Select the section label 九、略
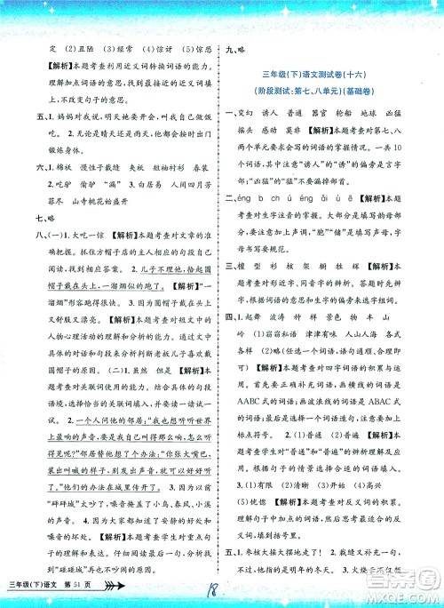(242, 52)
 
